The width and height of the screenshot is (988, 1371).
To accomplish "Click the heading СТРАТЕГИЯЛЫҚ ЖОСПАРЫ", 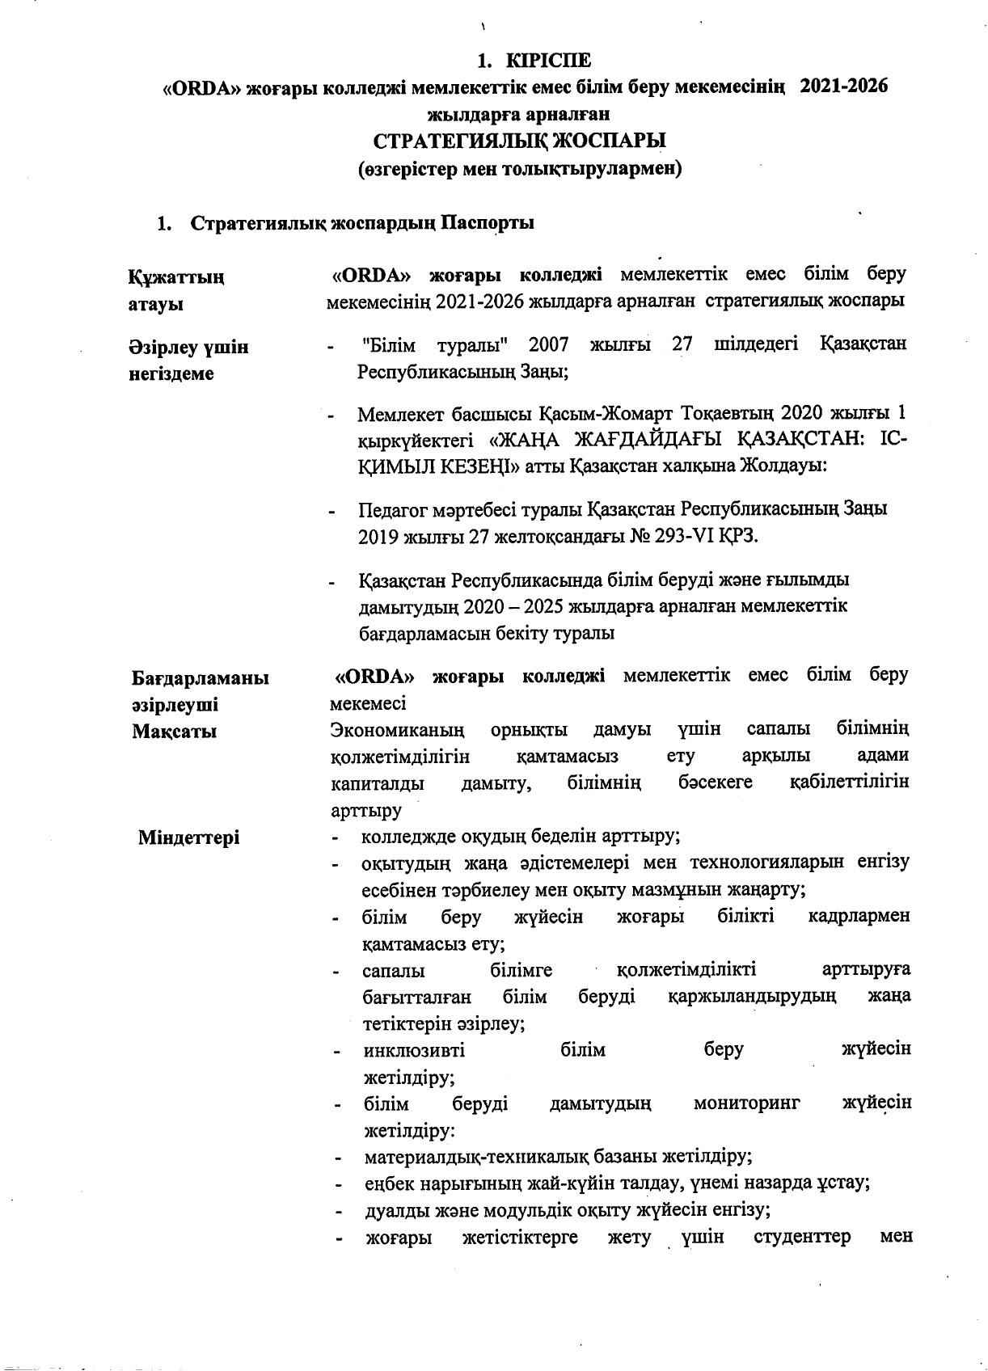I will [519, 141].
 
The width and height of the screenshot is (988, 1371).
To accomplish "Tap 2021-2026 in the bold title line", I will [843, 87].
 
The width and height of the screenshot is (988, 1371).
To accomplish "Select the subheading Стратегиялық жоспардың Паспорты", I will [361, 224].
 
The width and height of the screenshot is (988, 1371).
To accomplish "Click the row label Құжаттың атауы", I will [176, 290].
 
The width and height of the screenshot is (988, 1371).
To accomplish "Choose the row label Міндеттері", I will [188, 837].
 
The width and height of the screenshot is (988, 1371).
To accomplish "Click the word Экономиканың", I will [398, 730].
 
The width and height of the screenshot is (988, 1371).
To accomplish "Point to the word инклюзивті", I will [414, 1050].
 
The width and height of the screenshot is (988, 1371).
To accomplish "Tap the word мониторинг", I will [746, 1103].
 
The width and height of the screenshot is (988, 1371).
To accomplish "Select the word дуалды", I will [391, 1210].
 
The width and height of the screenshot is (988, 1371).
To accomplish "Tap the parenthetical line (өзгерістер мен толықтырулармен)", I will [519, 170].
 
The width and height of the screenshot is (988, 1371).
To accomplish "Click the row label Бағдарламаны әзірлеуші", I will [200, 691].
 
